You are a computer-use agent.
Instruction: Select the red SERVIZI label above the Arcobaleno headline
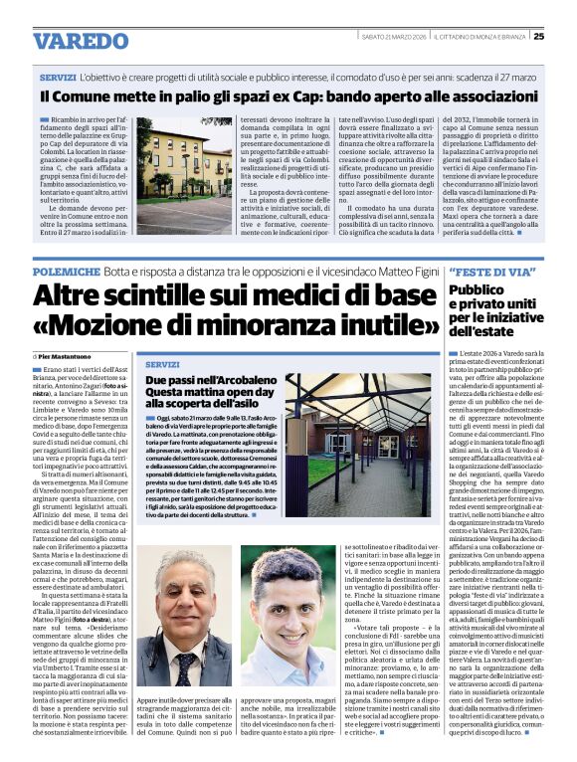coord(163,364)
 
